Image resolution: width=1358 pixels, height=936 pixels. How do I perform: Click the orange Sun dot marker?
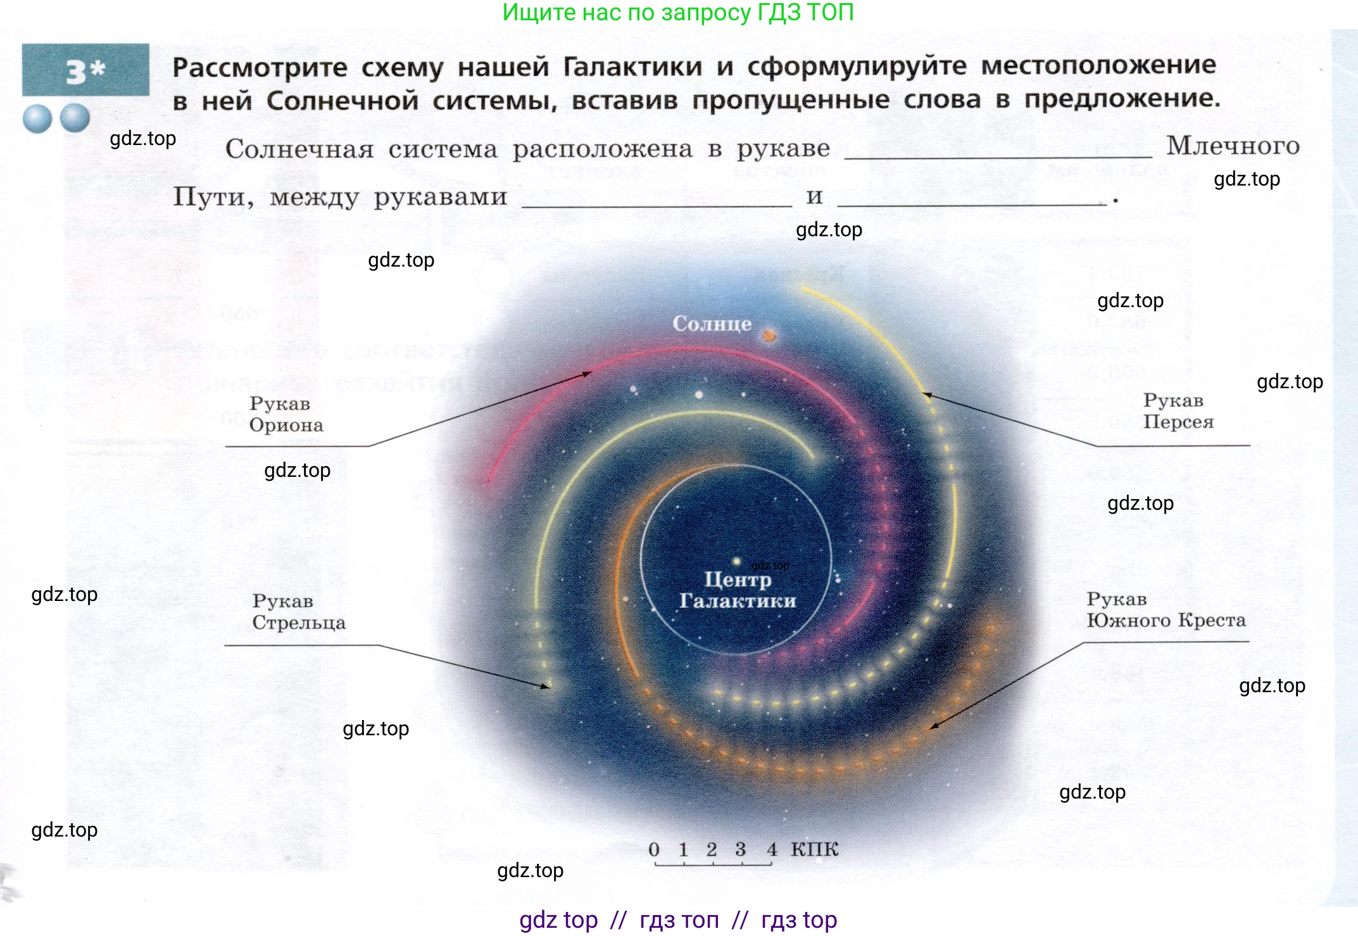769,336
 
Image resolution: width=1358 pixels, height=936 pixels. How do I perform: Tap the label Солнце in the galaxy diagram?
712,324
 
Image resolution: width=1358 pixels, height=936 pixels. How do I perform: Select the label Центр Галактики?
738,590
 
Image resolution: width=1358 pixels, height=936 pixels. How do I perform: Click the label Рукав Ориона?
286,414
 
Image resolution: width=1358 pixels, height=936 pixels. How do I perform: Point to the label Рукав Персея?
1178,411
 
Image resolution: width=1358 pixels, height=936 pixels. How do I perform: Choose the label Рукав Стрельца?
298,612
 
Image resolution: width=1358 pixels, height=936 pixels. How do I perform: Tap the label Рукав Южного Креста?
1166,609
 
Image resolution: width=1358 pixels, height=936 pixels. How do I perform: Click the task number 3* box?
85,70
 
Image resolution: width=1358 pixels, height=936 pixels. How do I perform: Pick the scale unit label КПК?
814,849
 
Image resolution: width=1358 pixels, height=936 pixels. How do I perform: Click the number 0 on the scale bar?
654,850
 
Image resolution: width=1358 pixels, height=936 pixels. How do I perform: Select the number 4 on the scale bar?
771,850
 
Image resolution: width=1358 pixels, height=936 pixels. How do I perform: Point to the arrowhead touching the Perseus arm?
927,395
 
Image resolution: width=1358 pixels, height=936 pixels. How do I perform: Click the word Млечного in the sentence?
1233,146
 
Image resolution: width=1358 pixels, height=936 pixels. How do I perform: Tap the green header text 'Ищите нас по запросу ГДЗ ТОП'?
678,13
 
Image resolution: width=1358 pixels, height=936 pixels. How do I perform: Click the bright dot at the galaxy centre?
736,562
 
